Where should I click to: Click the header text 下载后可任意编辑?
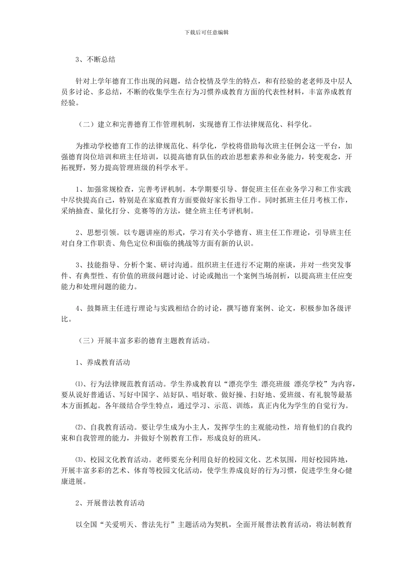click(206, 32)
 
